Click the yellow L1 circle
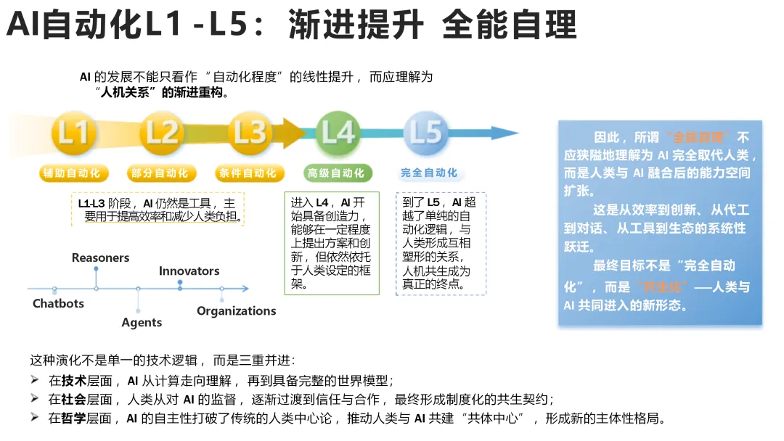point(73,133)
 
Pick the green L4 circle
point(338,133)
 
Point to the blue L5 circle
point(425,133)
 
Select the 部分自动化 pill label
point(161,173)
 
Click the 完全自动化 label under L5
point(429,173)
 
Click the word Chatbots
point(58,303)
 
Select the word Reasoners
point(100,257)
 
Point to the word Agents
point(142,322)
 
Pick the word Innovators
point(189,271)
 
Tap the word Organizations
point(237,310)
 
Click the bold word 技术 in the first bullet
point(75,380)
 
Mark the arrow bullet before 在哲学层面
point(34,418)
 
